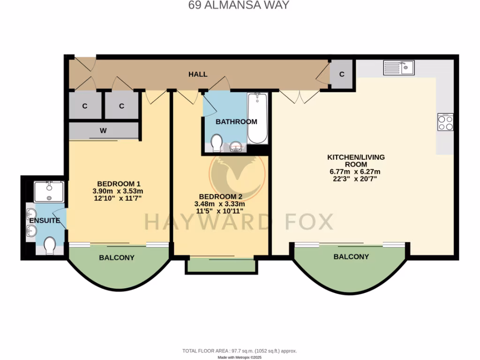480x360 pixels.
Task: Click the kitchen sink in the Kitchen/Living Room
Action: pos(399,67)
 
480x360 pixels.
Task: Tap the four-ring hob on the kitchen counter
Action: pos(445,122)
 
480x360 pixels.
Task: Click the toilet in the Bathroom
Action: pos(217,143)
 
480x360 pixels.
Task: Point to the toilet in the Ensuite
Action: pos(49,245)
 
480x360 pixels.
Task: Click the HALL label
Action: pos(198,74)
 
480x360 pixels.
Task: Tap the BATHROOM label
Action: pos(236,121)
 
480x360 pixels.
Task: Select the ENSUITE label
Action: pos(45,220)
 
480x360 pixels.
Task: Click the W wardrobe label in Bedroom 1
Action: pos(103,131)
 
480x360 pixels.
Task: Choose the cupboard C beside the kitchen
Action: pos(342,74)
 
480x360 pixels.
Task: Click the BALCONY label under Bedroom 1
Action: pos(117,257)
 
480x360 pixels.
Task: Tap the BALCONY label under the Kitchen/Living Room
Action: pos(351,256)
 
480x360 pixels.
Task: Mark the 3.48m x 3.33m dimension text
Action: pos(220,204)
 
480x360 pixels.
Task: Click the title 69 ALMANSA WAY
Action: pos(239,6)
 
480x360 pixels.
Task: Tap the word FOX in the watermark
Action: pos(310,221)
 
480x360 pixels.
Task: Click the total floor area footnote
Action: pos(240,351)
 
